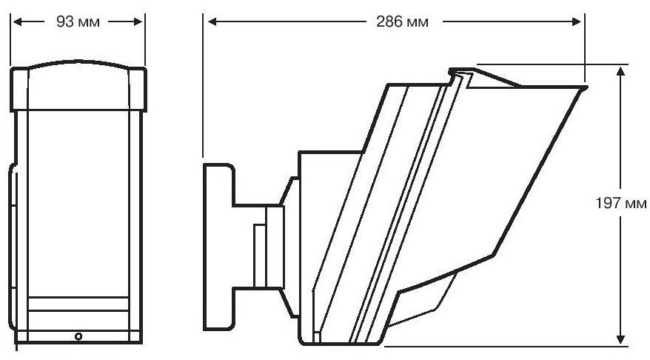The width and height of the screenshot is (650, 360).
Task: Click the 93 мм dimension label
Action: (78, 21)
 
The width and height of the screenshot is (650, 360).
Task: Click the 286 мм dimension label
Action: (402, 21)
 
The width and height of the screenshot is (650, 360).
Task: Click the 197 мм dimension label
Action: (621, 203)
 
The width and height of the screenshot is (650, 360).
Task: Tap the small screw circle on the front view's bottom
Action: (78, 336)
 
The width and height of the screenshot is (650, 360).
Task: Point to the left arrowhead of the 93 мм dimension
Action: (17, 21)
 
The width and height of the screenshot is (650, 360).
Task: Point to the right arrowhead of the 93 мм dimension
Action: (138, 21)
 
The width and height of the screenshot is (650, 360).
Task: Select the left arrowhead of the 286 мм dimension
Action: (212, 21)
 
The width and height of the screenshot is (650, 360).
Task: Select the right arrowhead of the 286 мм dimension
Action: (576, 21)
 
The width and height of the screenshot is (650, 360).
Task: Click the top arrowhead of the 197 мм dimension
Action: (620, 71)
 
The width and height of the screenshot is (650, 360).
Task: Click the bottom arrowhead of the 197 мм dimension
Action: (620, 339)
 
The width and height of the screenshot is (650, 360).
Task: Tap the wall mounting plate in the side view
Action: (219, 247)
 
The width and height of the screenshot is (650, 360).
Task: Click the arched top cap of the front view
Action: (78, 86)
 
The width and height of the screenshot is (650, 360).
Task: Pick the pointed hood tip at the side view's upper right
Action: (585, 87)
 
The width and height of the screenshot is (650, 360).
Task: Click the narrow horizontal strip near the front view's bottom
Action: (78, 304)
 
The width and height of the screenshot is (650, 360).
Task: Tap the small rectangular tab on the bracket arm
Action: (260, 256)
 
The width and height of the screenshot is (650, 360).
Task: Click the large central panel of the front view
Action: (78, 203)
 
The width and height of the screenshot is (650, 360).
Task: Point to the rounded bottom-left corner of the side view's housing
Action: (303, 341)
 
